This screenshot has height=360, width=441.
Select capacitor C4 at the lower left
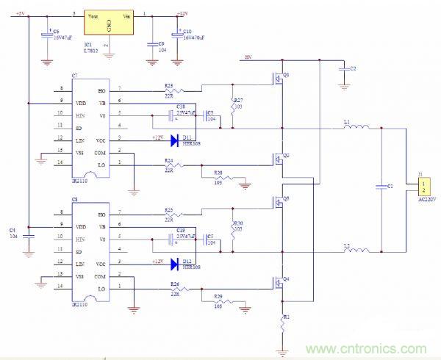point(29,236)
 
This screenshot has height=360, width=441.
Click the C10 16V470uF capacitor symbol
point(177,35)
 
